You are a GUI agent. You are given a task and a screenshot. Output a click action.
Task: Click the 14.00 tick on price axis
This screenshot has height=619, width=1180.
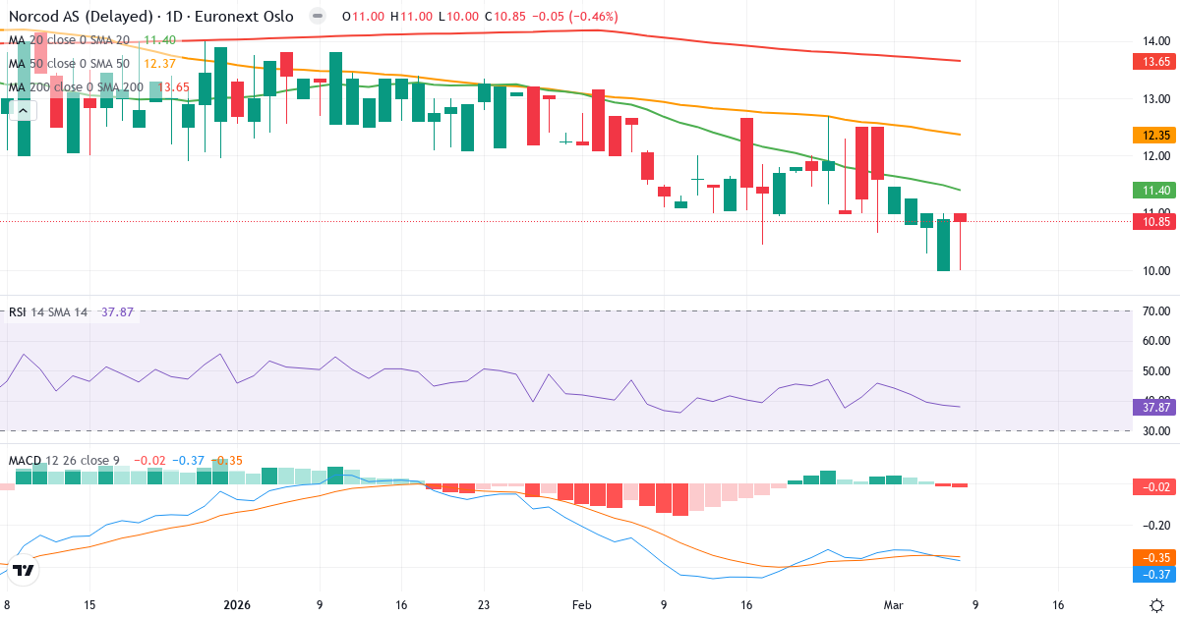(1155, 40)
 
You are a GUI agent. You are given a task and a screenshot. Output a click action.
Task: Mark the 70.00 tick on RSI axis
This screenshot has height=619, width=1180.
(1155, 311)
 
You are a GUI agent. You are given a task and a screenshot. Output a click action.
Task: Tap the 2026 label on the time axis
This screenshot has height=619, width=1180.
(238, 605)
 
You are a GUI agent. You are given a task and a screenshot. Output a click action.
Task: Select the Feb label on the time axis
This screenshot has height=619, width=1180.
(582, 605)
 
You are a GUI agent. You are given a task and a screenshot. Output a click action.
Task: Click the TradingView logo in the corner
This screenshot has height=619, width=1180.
(25, 569)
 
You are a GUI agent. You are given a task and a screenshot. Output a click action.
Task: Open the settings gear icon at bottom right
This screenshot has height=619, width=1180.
(1157, 604)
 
